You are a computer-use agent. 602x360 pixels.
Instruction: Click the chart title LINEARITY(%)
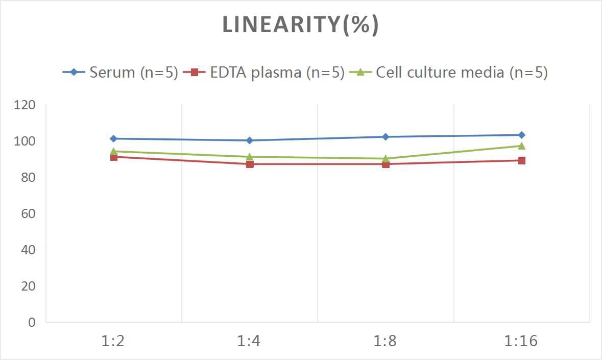coord(300,25)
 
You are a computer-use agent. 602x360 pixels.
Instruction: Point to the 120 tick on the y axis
coord(25,105)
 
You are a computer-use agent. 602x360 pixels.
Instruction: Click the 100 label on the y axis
coord(25,141)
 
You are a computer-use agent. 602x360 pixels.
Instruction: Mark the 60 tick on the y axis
coord(28,213)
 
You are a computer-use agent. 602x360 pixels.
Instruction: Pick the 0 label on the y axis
coord(32,322)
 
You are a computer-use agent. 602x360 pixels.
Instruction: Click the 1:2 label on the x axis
coord(113,341)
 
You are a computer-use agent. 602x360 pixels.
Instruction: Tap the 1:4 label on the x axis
coord(249,341)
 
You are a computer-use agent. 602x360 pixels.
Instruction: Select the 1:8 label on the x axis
coord(386,341)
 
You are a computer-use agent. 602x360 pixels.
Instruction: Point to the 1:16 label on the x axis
coord(521,341)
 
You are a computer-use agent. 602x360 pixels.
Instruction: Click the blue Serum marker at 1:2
coord(113,138)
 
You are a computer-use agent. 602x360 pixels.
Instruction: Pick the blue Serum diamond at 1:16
coord(521,135)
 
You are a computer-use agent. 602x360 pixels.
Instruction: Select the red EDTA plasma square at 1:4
coord(250,164)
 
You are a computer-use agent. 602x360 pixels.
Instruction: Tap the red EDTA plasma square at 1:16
coord(521,160)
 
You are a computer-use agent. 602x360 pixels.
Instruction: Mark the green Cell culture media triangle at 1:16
coord(521,146)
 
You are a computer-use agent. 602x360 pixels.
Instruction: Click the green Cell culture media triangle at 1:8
coord(386,158)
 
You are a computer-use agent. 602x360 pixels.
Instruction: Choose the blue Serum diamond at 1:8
coord(386,137)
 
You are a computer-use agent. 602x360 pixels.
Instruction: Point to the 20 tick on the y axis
coord(28,286)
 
